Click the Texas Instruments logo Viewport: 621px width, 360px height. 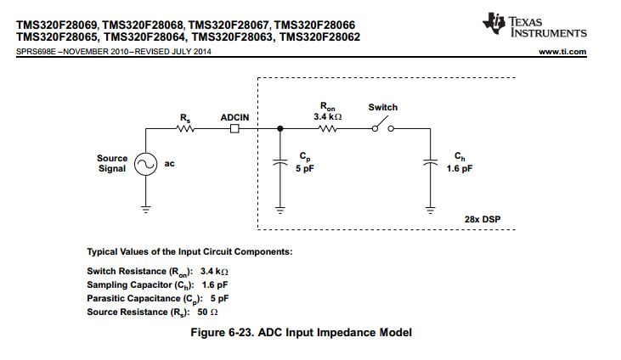534,25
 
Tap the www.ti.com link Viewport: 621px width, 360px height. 562,52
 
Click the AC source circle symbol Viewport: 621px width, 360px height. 146,164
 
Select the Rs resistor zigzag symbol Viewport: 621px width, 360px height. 185,129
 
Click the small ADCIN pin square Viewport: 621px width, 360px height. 234,129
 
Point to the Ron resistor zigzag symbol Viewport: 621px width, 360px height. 328,129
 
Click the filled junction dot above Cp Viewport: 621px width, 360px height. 280,128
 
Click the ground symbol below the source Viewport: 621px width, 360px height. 146,210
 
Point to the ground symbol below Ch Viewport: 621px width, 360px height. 431,210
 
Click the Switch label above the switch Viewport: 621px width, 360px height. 383,107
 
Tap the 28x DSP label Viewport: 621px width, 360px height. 483,219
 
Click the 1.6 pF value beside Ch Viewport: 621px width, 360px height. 460,168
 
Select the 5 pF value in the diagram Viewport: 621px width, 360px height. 305,168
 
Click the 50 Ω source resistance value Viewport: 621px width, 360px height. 207,312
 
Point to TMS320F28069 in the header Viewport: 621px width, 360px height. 57,25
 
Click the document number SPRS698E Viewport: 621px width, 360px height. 36,52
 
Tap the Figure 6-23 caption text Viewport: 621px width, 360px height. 302,332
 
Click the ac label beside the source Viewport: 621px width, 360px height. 170,164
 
